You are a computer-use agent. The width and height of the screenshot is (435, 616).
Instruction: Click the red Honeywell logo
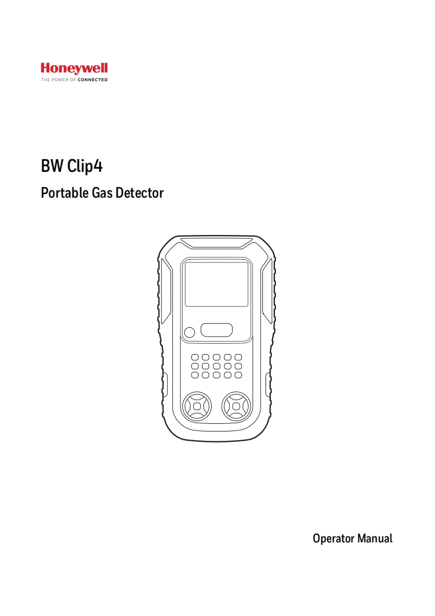[74, 69]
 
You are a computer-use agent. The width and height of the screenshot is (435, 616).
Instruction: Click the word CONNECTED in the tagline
[93, 80]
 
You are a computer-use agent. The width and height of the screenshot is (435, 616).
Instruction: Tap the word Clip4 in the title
[85, 166]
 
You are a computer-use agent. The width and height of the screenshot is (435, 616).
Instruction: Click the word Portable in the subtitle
[63, 193]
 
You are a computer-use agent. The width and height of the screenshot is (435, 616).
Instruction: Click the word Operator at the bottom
[334, 538]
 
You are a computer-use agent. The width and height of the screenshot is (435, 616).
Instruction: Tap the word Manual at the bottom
[375, 538]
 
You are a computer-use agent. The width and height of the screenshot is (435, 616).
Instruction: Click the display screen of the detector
[216, 284]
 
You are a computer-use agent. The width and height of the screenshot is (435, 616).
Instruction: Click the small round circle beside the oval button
[189, 332]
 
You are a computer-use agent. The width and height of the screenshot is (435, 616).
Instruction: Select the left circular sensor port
[196, 407]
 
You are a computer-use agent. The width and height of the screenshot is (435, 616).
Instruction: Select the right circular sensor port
[236, 407]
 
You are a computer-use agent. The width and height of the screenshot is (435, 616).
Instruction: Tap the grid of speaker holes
[216, 366]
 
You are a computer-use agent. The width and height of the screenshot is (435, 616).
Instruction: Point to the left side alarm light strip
[165, 291]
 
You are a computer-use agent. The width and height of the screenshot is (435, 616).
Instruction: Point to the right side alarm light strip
[267, 291]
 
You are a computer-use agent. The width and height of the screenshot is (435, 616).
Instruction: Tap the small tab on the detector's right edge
[268, 384]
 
